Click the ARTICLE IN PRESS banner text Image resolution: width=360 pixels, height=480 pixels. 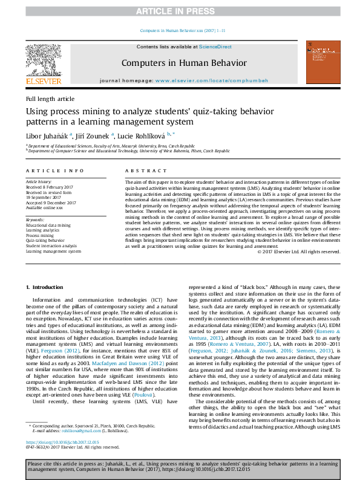click(x=180, y=11)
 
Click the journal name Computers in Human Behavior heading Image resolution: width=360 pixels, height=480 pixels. click(x=183, y=62)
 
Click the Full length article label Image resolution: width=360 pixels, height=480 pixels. click(x=50, y=99)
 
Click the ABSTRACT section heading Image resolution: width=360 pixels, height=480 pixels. click(x=145, y=171)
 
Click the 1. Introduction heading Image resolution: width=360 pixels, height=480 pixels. click(x=47, y=286)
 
